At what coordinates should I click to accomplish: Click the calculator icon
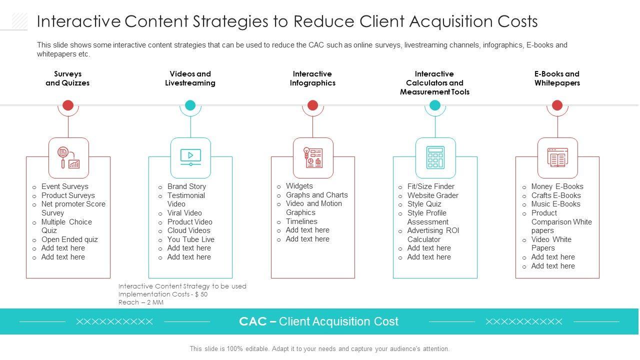(x=435, y=157)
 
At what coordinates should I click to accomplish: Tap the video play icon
(x=190, y=157)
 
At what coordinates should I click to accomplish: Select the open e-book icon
(x=557, y=157)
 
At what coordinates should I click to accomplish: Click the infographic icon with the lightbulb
(x=313, y=157)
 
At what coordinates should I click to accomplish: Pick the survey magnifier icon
(x=68, y=157)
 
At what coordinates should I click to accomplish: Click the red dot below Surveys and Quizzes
(x=68, y=105)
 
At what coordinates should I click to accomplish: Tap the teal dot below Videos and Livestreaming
(x=190, y=105)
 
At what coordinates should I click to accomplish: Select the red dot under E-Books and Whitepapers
(x=557, y=105)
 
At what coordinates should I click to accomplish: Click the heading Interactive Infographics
(x=312, y=78)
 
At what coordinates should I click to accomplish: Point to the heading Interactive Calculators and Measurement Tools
(x=434, y=83)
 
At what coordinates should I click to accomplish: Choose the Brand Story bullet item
(x=186, y=186)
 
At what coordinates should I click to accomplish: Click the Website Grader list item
(x=432, y=195)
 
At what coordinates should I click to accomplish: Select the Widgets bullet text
(x=299, y=186)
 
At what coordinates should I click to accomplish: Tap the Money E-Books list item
(x=557, y=186)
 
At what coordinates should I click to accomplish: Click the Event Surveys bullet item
(x=64, y=186)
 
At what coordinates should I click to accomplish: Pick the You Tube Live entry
(x=190, y=239)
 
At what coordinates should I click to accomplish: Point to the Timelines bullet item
(x=301, y=221)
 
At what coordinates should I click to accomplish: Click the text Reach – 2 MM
(x=141, y=302)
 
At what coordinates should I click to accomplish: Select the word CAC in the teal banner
(x=252, y=321)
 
